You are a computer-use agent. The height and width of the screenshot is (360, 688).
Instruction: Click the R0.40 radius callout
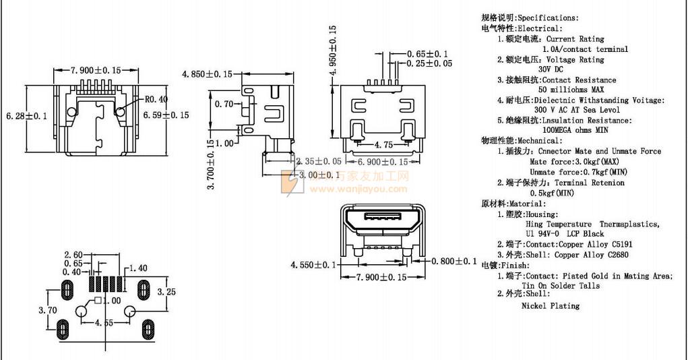click(156, 99)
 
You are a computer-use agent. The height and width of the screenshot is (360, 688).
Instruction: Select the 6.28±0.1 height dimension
click(26, 117)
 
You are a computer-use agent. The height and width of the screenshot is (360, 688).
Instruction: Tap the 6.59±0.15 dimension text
click(166, 115)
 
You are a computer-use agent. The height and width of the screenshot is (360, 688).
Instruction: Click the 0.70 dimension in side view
click(224, 104)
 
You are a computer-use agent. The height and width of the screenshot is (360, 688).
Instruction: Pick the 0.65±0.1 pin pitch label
click(427, 54)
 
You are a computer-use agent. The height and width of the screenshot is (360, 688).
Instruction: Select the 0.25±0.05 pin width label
click(429, 63)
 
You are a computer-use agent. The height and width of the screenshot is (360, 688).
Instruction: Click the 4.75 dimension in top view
click(383, 145)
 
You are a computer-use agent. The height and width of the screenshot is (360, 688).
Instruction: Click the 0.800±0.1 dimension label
click(454, 261)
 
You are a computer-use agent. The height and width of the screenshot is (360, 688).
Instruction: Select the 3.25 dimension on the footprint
click(166, 292)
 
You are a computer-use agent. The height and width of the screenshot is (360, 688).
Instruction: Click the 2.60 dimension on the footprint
click(73, 254)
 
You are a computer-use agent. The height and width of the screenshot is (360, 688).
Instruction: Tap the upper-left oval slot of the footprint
click(67, 291)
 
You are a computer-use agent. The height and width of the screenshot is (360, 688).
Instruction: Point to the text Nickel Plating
click(550, 305)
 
